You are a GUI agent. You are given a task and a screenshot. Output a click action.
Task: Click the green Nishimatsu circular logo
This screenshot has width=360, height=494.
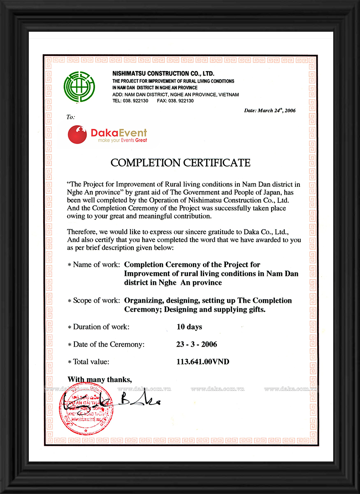click(x=79, y=87)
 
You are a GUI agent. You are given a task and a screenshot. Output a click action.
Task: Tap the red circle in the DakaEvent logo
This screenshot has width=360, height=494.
click(x=77, y=134)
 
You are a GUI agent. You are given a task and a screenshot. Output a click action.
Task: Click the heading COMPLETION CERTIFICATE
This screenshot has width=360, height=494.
click(x=180, y=163)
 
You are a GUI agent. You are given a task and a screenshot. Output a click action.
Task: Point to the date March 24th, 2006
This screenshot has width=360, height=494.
click(x=269, y=110)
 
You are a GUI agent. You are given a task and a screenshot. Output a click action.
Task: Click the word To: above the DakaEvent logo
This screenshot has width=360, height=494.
click(x=71, y=117)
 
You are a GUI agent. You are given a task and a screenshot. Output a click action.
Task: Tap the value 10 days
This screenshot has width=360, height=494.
click(x=189, y=327)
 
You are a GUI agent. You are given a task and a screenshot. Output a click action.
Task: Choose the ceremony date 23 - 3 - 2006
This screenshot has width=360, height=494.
click(x=197, y=344)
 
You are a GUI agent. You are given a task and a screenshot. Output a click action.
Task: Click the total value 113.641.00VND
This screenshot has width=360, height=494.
click(x=203, y=362)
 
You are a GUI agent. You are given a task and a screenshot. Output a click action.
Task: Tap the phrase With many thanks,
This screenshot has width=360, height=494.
click(x=100, y=379)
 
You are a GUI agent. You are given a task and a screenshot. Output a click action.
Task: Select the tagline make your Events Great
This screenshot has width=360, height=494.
click(x=122, y=140)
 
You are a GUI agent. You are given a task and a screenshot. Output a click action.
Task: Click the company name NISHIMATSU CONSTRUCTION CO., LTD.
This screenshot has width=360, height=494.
click(x=163, y=74)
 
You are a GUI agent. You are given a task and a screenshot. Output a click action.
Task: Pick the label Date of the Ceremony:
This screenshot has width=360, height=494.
click(x=106, y=344)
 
